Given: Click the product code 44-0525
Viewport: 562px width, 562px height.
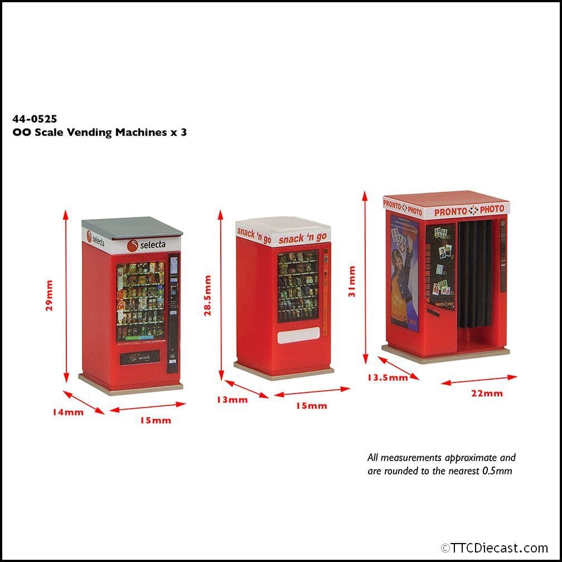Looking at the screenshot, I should [x=35, y=119].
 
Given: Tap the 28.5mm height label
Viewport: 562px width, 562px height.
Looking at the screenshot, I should [x=207, y=295].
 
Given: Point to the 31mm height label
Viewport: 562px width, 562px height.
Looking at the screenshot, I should [x=351, y=282].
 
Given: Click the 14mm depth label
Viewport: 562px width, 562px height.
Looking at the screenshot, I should [x=69, y=413].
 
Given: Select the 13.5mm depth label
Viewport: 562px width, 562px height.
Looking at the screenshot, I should [x=387, y=377].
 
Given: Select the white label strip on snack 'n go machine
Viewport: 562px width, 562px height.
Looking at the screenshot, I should [x=298, y=335].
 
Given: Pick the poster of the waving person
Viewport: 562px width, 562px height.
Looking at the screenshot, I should [x=404, y=273].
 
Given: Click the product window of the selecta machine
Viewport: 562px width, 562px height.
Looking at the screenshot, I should [x=140, y=301].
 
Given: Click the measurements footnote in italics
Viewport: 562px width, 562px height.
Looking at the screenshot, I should [x=441, y=464].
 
